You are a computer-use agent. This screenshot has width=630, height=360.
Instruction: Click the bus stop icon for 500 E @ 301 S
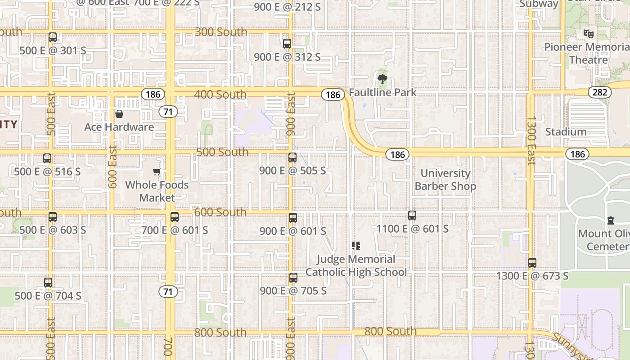(53, 37)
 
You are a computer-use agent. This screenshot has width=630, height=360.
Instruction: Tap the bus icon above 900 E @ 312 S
(287, 44)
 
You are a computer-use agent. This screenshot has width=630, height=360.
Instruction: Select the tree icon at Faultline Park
(382, 80)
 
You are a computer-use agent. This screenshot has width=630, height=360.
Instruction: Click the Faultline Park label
(382, 92)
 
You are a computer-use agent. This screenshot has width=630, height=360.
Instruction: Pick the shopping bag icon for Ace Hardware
(119, 114)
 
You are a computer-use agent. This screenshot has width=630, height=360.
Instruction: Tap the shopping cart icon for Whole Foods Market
(157, 171)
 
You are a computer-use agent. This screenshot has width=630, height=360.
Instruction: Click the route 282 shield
(599, 93)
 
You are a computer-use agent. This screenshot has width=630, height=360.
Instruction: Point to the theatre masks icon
(588, 33)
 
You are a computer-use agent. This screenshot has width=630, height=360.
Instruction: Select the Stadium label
(566, 132)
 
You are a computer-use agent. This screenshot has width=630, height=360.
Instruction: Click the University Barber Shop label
(445, 180)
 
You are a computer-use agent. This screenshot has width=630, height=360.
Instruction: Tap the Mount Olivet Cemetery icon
(610, 220)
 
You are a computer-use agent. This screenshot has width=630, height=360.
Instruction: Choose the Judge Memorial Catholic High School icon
(356, 246)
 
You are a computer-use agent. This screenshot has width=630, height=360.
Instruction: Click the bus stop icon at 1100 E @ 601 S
(412, 216)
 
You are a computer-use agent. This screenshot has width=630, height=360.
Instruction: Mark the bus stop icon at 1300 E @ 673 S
(532, 263)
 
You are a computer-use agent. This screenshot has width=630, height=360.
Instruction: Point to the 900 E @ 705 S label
(293, 291)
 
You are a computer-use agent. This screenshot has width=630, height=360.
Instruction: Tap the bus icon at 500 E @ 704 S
(48, 283)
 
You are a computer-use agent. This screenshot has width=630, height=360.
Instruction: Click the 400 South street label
(220, 94)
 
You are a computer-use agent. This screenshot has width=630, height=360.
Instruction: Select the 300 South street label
(221, 32)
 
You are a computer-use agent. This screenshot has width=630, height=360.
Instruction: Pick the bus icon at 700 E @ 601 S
(175, 217)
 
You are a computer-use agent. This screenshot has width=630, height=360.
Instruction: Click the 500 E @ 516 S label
(47, 171)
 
